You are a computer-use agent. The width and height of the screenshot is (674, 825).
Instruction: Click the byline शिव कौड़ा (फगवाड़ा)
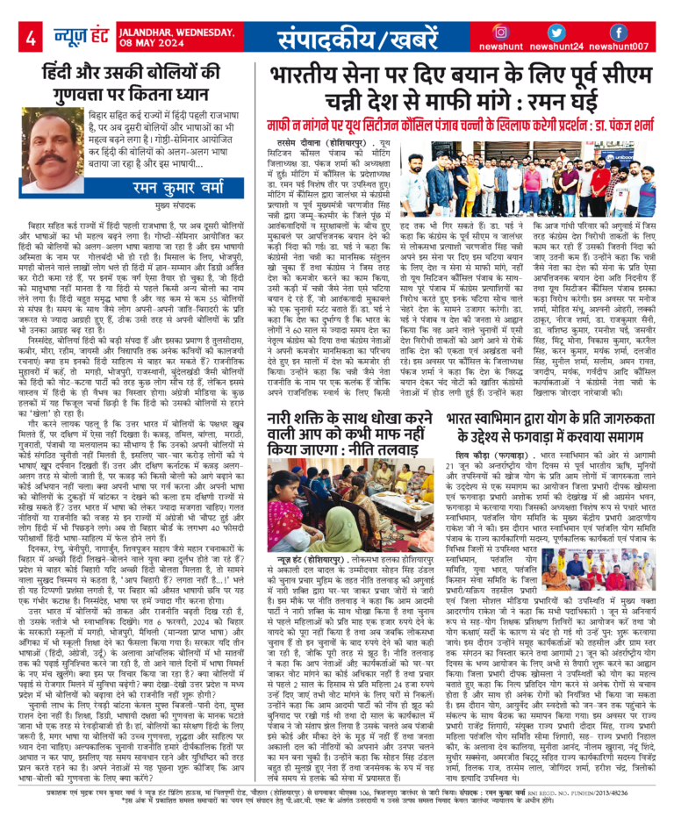[x=486, y=457]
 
